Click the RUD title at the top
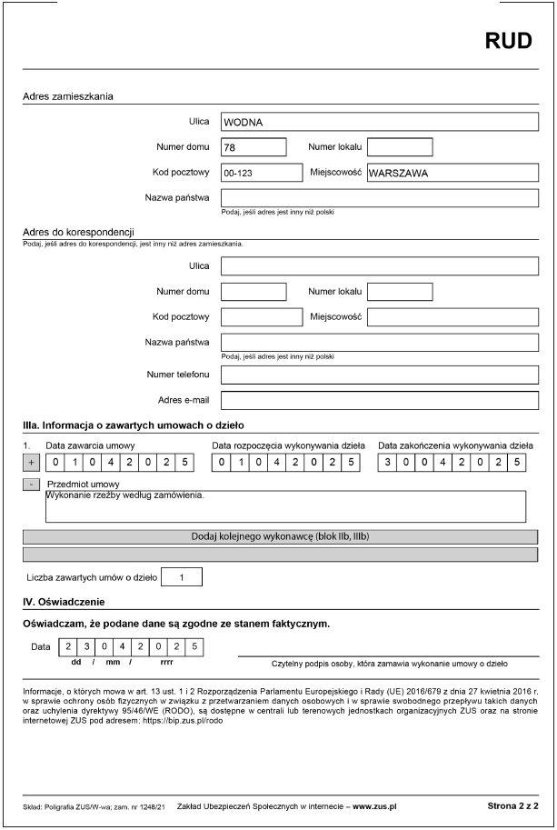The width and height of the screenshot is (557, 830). pyautogui.click(x=507, y=41)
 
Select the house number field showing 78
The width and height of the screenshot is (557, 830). pyautogui.click(x=254, y=146)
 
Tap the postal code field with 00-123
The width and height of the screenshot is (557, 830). pyautogui.click(x=261, y=172)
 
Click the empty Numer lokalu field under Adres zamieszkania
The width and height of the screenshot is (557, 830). pyautogui.click(x=400, y=146)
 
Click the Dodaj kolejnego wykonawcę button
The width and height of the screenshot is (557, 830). pyautogui.click(x=280, y=536)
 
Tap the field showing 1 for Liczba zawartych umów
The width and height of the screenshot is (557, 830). pyautogui.click(x=182, y=576)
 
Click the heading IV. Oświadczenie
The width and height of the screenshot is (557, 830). pyautogui.click(x=64, y=602)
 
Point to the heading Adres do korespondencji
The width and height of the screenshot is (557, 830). pyautogui.click(x=78, y=232)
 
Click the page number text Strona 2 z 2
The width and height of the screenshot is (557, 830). pyautogui.click(x=512, y=805)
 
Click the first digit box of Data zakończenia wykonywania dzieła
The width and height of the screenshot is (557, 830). pyautogui.click(x=388, y=463)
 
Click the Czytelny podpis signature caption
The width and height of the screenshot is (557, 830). pyautogui.click(x=390, y=665)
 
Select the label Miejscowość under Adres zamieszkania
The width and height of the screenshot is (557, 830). pyautogui.click(x=335, y=172)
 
